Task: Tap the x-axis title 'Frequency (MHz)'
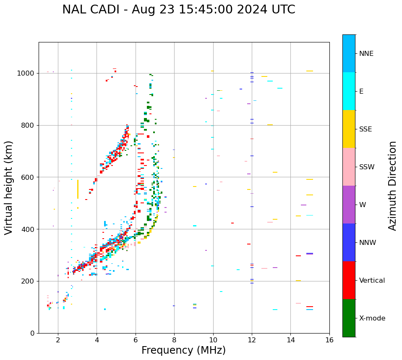point(183,350)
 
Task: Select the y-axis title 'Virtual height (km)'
point(9,187)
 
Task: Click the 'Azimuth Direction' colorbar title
point(392,186)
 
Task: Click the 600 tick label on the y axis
point(28,177)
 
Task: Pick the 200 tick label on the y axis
point(28,281)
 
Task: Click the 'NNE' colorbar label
point(366,54)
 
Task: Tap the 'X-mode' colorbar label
point(372,318)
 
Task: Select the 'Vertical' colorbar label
point(372,281)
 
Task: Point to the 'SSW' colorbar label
point(367,167)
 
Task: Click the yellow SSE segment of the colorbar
point(349,129)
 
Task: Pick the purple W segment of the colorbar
point(349,205)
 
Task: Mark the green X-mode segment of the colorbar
point(349,318)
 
